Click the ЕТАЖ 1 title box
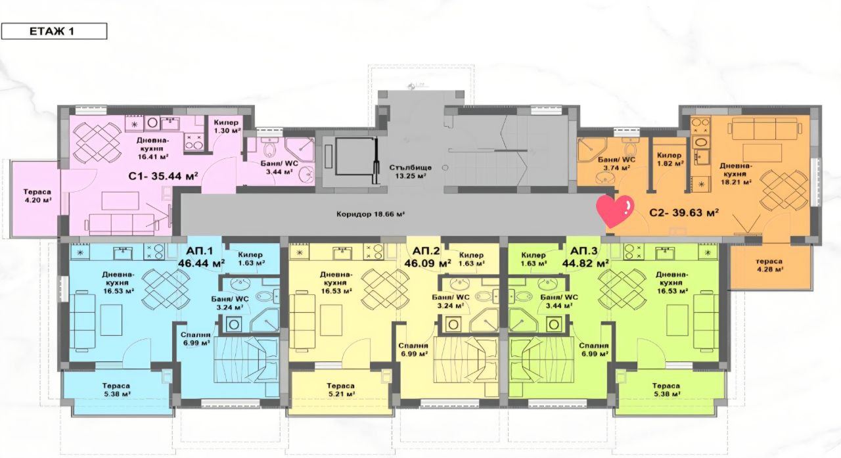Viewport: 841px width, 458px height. click(54, 31)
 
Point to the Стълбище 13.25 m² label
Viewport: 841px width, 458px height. click(408, 171)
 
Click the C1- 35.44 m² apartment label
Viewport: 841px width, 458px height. click(164, 175)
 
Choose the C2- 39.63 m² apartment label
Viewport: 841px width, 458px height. click(683, 212)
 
